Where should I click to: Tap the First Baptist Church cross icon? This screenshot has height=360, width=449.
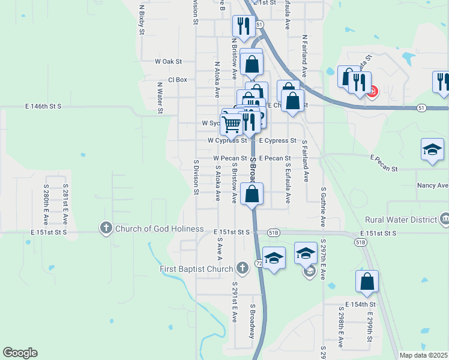(x=242, y=268)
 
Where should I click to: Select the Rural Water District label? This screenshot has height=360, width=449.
(x=402, y=220)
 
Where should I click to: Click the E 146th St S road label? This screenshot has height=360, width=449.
(x=43, y=106)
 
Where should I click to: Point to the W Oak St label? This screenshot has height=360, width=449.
(x=168, y=61)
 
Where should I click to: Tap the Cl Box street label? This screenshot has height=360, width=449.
(x=178, y=80)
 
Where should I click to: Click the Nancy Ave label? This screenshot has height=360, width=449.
(x=433, y=186)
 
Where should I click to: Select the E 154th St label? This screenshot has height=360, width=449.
(x=360, y=305)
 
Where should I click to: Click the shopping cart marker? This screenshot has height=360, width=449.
(x=232, y=124)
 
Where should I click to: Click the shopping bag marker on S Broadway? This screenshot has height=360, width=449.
(x=253, y=194)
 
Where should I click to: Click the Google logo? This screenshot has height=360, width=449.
(x=20, y=353)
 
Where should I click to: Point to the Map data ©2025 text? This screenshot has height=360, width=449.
(x=423, y=355)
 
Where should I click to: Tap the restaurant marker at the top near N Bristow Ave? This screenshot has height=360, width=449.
(x=242, y=26)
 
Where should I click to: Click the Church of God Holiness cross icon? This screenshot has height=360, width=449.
(x=106, y=228)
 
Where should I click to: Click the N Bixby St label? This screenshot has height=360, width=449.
(x=142, y=17)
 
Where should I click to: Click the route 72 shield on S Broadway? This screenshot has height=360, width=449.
(x=258, y=263)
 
